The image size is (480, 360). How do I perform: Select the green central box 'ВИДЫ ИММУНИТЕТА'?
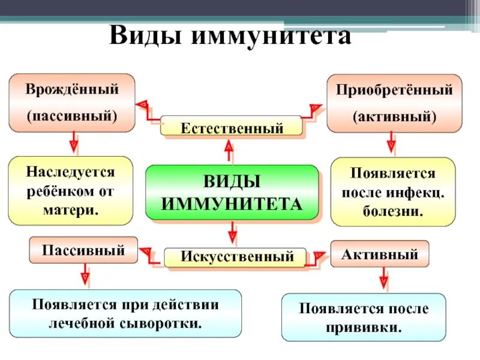[x=232, y=192]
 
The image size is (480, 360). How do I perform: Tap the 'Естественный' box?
[x=232, y=127]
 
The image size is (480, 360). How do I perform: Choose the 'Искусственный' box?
[x=235, y=257]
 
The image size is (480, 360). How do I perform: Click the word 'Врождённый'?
[x=72, y=89]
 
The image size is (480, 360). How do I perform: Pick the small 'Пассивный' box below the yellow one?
[x=83, y=250]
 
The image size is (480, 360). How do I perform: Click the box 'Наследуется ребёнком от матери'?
[x=70, y=191]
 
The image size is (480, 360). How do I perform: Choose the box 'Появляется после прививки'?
[x=364, y=318]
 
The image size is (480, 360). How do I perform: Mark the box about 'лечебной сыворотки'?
[x=125, y=314]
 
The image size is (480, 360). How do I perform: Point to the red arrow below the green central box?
[x=232, y=232]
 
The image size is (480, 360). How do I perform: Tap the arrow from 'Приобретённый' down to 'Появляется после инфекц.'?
[x=391, y=143]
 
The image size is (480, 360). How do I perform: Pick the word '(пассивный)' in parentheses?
[x=72, y=115]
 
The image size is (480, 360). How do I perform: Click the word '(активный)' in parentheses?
[x=394, y=116]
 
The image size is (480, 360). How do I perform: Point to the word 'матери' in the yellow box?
[x=71, y=210]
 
